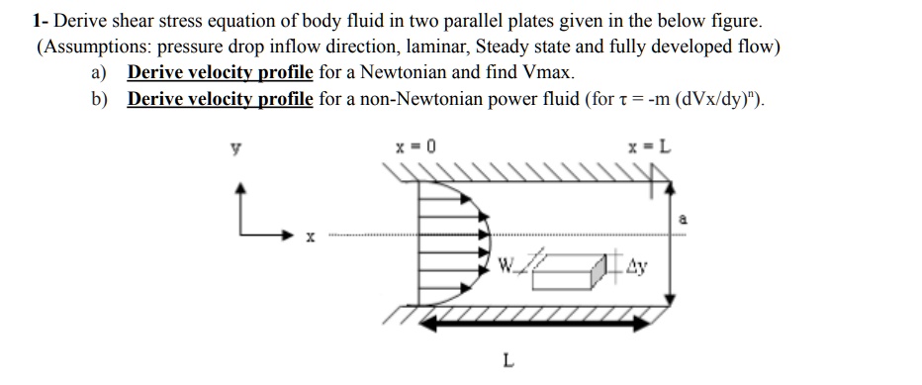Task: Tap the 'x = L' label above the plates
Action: click(x=655, y=147)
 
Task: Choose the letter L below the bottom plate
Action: click(x=507, y=360)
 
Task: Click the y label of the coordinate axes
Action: click(x=235, y=148)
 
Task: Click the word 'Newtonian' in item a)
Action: click(x=408, y=72)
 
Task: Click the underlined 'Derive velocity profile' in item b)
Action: click(x=220, y=99)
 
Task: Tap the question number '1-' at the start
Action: click(x=39, y=20)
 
